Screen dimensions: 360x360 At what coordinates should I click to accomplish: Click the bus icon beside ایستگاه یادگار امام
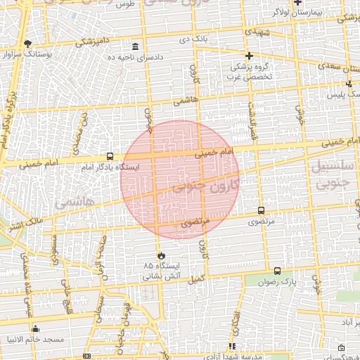click(x=110, y=156)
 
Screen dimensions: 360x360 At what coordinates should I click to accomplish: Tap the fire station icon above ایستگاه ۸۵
click(x=161, y=255)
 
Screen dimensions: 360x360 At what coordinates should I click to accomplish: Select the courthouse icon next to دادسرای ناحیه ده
click(x=135, y=46)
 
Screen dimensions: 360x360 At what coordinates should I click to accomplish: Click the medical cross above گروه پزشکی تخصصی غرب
click(x=247, y=56)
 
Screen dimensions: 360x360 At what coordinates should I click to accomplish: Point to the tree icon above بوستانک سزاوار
click(x=27, y=43)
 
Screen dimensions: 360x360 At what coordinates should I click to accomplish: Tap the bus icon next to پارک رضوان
click(x=277, y=271)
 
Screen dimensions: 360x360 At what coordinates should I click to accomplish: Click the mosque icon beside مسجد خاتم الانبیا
click(x=36, y=328)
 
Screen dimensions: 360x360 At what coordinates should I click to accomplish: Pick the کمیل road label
click(x=196, y=278)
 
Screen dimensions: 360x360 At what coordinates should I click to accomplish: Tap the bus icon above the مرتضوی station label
click(x=262, y=210)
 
